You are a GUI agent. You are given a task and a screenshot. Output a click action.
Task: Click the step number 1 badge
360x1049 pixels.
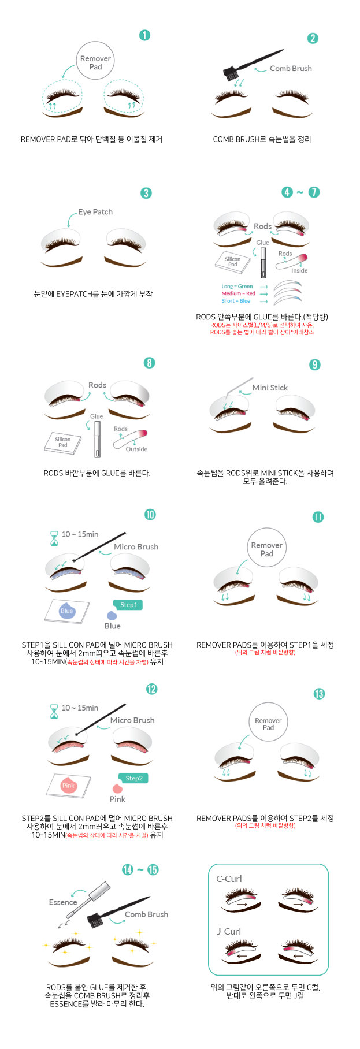click(145, 35)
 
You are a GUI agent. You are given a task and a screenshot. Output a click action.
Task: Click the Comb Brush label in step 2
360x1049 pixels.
click(291, 68)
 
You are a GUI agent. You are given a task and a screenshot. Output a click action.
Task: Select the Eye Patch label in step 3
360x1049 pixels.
click(95, 212)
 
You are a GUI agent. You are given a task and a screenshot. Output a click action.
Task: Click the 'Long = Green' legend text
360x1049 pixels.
click(237, 286)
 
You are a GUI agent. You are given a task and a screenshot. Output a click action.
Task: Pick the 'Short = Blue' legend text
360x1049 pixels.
click(236, 301)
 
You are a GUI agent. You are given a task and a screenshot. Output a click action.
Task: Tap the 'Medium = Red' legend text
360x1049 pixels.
click(238, 293)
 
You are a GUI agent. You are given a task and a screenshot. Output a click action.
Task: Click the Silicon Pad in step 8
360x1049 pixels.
click(62, 442)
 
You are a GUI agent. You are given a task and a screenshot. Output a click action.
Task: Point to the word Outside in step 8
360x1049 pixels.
click(136, 449)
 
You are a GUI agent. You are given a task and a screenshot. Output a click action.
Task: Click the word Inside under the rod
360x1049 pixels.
click(299, 270)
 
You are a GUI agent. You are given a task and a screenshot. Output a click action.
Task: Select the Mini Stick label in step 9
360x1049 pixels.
click(270, 388)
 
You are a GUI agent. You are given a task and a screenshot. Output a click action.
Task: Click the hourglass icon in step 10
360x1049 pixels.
click(54, 539)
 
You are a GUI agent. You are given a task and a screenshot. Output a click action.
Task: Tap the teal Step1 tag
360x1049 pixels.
click(128, 605)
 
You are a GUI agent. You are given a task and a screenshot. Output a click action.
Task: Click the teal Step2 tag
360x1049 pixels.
click(133, 778)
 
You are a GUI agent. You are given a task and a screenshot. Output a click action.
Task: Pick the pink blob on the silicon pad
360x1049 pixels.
click(68, 786)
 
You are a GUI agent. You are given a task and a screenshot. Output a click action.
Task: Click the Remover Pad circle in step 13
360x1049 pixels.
click(268, 724)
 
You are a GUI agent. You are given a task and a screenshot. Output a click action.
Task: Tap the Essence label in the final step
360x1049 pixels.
click(63, 902)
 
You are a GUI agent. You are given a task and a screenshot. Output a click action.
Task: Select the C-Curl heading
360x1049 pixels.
click(229, 879)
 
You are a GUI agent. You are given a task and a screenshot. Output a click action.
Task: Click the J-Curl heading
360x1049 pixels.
click(229, 931)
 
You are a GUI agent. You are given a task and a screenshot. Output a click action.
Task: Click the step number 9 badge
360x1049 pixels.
click(314, 364)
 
